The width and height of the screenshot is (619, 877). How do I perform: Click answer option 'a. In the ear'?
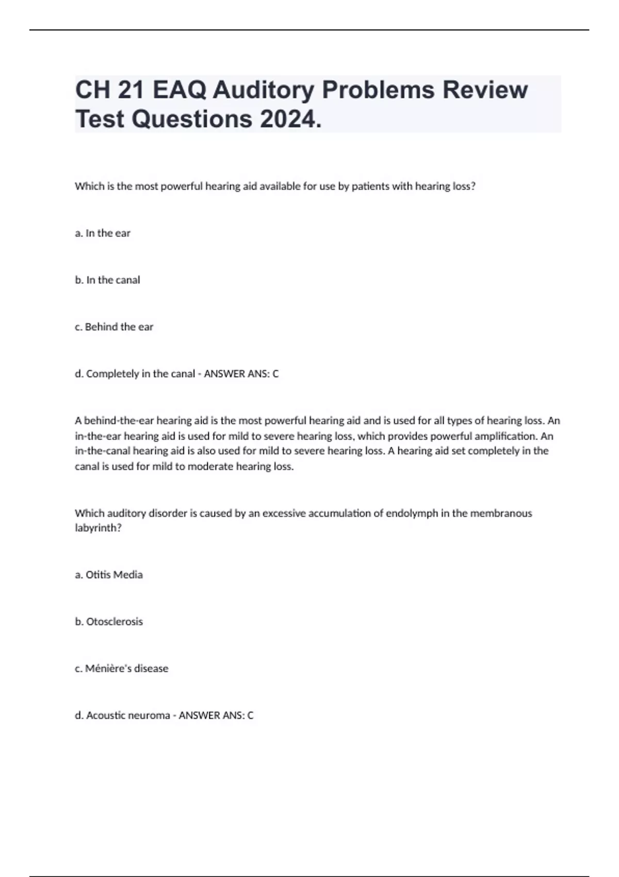point(103,233)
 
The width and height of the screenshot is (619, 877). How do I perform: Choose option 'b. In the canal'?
point(107,280)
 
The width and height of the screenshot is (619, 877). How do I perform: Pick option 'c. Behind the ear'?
point(114,327)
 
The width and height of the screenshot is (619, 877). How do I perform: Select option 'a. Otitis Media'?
point(109,575)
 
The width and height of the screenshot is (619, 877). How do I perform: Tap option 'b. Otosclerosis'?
point(109,622)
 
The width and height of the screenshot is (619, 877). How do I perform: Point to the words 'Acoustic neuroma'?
point(128,716)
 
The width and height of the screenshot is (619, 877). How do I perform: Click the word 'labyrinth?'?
point(98,528)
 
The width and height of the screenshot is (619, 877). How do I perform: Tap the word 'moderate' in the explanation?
point(210,467)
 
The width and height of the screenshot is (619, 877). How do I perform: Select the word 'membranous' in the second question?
point(503,513)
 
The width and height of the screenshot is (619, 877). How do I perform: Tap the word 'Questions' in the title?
point(191,119)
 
